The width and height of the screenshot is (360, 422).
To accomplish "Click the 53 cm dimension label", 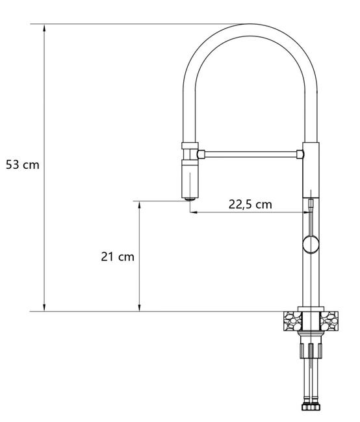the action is (x=23, y=165).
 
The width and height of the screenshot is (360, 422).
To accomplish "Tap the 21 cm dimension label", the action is (x=118, y=256).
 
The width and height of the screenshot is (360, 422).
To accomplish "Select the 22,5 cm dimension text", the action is (x=250, y=205).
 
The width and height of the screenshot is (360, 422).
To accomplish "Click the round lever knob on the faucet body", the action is (x=311, y=245).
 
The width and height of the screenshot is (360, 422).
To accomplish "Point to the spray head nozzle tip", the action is (x=190, y=199).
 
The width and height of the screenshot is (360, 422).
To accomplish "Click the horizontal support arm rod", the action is (x=251, y=155).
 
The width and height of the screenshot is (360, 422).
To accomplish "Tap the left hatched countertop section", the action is (x=292, y=321).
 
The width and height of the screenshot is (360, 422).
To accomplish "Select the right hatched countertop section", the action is (x=329, y=321).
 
